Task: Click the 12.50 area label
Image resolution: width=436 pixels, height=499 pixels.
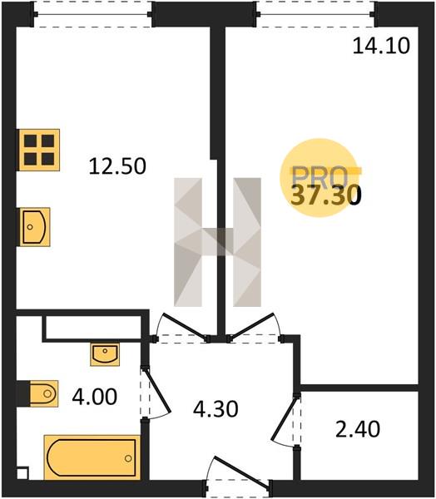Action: pyautogui.click(x=117, y=166)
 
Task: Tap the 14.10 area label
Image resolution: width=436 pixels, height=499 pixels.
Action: pyautogui.click(x=381, y=46)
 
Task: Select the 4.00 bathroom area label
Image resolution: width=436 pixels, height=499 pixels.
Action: pyautogui.click(x=95, y=398)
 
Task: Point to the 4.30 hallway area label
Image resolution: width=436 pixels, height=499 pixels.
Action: pyautogui.click(x=216, y=409)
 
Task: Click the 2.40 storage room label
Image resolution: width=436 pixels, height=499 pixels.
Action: pyautogui.click(x=358, y=429)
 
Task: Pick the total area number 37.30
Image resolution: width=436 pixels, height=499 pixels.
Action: pyautogui.click(x=326, y=195)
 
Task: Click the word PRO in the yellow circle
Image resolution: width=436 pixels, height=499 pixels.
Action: pyautogui.click(x=320, y=177)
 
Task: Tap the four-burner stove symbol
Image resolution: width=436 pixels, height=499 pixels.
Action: pyautogui.click(x=39, y=150)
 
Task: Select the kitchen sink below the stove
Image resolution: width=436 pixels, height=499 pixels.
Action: pyautogui.click(x=35, y=227)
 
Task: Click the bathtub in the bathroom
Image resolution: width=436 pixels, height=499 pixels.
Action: pyautogui.click(x=92, y=457)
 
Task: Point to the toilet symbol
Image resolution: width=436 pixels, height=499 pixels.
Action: pyautogui.click(x=43, y=393)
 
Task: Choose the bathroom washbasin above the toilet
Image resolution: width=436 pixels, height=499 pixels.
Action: pyautogui.click(x=105, y=354)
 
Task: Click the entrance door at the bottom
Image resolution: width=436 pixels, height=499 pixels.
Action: pyautogui.click(x=241, y=472)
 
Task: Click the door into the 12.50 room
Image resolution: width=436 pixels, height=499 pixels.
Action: pyautogui.click(x=184, y=326)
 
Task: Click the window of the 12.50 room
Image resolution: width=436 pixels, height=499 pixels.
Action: pyautogui.click(x=93, y=14)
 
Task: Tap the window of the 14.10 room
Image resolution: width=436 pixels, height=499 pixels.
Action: pyautogui.click(x=316, y=14)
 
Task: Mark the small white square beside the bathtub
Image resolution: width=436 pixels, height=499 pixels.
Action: pyautogui.click(x=22, y=473)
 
